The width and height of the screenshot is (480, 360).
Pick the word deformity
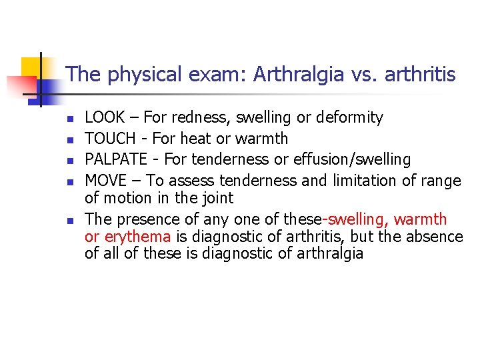[x=349, y=118]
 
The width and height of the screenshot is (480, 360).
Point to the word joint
[x=217, y=197]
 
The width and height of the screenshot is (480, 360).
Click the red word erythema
[x=139, y=237]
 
